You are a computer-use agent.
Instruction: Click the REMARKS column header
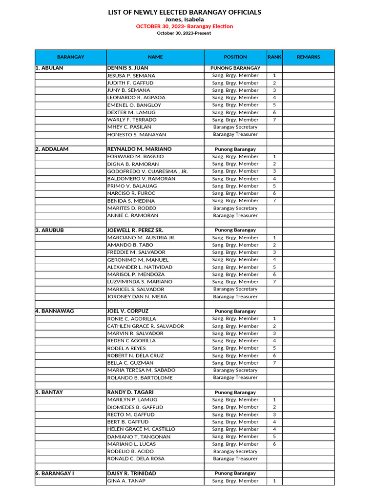[x=308, y=57]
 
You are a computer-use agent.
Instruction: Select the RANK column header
[x=274, y=57]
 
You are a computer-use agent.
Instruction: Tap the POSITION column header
[x=235, y=57]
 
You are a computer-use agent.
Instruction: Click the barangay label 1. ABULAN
[x=49, y=68]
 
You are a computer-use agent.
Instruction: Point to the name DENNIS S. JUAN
[x=127, y=68]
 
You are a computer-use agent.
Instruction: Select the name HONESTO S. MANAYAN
[x=137, y=134]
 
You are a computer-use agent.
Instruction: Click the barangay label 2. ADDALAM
[x=52, y=149]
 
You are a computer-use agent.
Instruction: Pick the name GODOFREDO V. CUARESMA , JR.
[x=147, y=171]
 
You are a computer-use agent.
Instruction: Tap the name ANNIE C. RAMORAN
[x=133, y=215]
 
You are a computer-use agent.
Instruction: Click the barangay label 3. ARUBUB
[x=50, y=230]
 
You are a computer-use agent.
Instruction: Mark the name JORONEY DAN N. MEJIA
[x=137, y=297]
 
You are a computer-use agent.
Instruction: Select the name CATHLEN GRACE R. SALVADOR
[x=146, y=326]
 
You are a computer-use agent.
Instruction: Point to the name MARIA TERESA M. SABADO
[x=141, y=371]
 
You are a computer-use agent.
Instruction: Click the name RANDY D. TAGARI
[x=130, y=393]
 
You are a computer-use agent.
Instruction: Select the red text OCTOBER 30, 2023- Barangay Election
[x=185, y=26]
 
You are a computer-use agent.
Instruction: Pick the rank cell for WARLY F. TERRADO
[x=274, y=120]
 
